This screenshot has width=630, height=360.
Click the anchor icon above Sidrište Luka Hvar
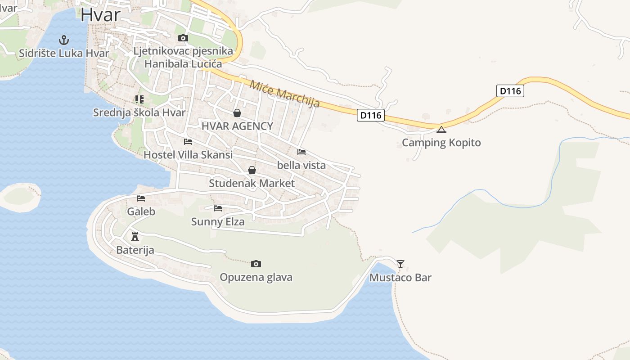[x=64, y=40]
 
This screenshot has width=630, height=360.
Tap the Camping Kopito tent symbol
[x=441, y=130]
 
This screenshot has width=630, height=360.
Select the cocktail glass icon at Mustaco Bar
[x=400, y=264]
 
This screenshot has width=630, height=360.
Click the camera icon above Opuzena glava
[x=256, y=264]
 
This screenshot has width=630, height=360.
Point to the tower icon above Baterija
[x=135, y=236]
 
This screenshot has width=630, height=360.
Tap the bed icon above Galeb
[x=141, y=198]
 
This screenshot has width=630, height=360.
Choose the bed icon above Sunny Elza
[x=218, y=208]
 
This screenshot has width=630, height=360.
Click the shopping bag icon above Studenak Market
[x=252, y=170]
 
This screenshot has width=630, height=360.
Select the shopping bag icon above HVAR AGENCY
[x=237, y=113]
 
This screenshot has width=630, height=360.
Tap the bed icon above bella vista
[x=301, y=152]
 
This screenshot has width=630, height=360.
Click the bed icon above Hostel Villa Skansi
[x=188, y=142]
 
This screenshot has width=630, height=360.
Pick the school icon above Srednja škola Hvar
[x=139, y=99]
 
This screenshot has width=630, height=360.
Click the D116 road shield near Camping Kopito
[x=371, y=116]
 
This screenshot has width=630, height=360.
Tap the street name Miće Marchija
[x=284, y=94]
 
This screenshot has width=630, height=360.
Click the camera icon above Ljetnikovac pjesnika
[x=183, y=38]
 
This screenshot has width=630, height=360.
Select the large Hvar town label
[x=101, y=14]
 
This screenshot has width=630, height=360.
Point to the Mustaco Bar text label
[x=400, y=278]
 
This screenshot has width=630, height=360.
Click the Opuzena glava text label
[x=256, y=277]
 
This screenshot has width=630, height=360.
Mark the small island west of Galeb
[x=20, y=196]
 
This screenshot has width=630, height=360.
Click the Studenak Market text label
[x=252, y=183]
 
